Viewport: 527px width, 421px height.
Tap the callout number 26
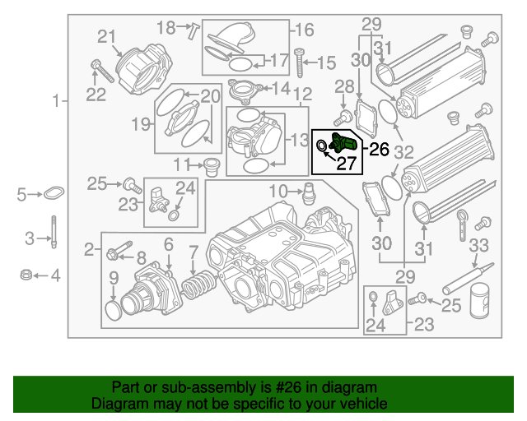click(378, 149)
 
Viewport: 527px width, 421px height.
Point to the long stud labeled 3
click(54, 232)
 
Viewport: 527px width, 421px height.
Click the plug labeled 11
click(211, 165)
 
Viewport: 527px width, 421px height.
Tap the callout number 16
click(304, 30)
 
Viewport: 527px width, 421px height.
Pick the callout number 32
click(403, 152)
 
